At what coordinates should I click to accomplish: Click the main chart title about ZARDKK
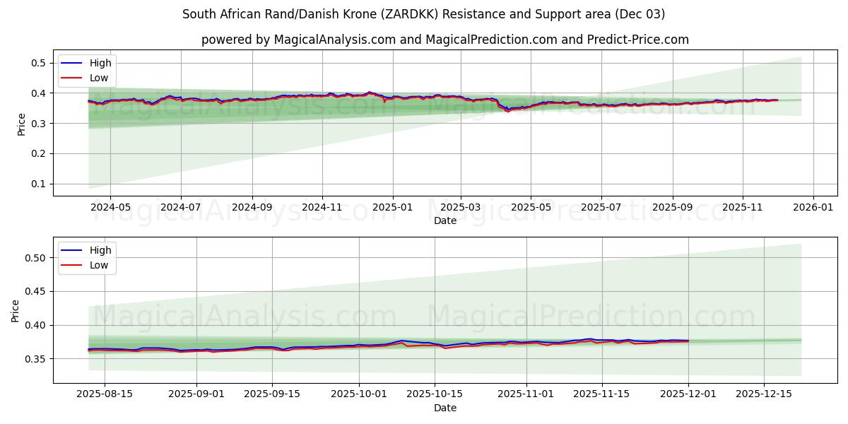[423, 14]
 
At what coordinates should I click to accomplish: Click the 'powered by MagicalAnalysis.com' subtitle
[444, 40]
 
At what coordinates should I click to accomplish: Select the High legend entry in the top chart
[100, 63]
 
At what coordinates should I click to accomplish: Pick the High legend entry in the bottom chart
[100, 250]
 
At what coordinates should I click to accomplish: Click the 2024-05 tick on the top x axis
[111, 208]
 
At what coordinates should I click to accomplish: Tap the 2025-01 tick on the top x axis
[391, 208]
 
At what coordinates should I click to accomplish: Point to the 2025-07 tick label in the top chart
[601, 208]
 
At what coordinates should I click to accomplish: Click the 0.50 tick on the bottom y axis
[35, 258]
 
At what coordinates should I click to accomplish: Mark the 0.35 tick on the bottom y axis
[35, 359]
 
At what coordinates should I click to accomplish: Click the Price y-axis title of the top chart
[21, 124]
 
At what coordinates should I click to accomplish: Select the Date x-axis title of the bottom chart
[444, 408]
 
